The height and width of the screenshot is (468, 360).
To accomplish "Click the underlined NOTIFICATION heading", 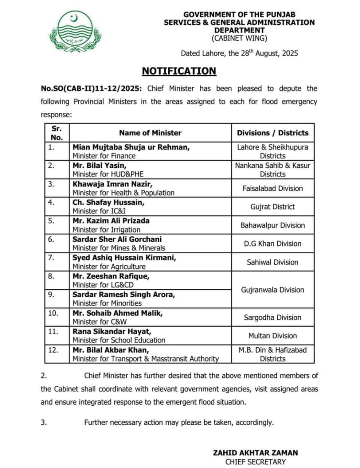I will pyautogui.click(x=178, y=71).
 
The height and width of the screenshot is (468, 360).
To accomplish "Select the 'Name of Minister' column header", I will pyautogui.click(x=150, y=133).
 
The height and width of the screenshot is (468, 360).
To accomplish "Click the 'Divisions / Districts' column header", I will pyautogui.click(x=273, y=133).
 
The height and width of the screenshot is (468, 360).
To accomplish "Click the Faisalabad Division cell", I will pyautogui.click(x=273, y=188).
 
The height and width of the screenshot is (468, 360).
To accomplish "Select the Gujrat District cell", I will pyautogui.click(x=273, y=207).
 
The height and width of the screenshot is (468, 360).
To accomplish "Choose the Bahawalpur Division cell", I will pyautogui.click(x=273, y=225).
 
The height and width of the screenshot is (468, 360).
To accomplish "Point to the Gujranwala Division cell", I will pyautogui.click(x=273, y=290).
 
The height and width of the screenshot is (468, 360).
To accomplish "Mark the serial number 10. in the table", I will pyautogui.click(x=54, y=313).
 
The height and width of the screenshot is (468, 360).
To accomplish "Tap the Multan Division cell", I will pyautogui.click(x=273, y=335).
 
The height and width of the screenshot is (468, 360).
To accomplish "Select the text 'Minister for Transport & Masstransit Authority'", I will pyautogui.click(x=145, y=359).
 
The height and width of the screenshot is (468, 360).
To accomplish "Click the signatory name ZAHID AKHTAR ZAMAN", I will pyautogui.click(x=255, y=452).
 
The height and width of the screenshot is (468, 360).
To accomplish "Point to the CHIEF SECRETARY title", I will pyautogui.click(x=255, y=462).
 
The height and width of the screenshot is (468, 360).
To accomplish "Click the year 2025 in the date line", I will pyautogui.click(x=289, y=53).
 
